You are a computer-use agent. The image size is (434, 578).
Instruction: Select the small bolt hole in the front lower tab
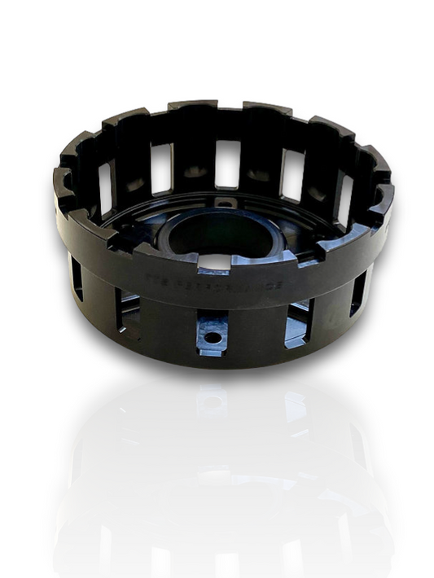pos(213,335)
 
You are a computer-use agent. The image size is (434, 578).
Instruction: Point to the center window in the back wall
pos(227,163)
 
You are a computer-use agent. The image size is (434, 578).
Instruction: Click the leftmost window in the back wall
pos(105,186)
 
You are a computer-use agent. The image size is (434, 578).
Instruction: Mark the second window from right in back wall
pos(292,173)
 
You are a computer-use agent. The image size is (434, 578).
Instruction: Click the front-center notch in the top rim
pos(213,261)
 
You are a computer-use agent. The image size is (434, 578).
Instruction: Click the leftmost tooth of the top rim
pos(61,181)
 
